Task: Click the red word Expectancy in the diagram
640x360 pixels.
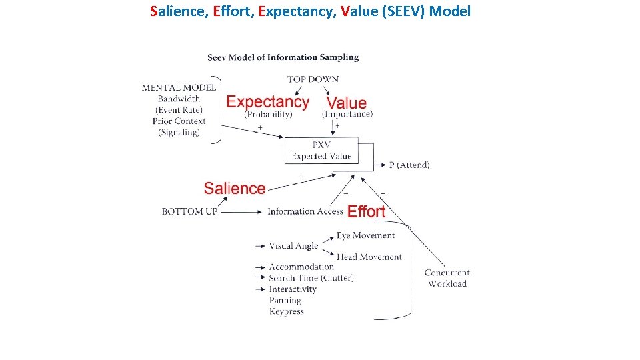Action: [268, 102]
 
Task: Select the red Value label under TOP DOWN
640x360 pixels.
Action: [347, 103]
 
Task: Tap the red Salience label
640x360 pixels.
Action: [235, 189]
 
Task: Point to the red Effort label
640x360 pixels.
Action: [367, 211]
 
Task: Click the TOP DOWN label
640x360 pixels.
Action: [313, 79]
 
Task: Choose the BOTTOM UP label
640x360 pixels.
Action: [190, 211]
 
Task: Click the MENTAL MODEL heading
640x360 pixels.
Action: [179, 87]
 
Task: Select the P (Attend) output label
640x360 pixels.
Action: [409, 165]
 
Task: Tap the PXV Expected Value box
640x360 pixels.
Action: [321, 151]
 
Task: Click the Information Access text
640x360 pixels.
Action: [305, 211]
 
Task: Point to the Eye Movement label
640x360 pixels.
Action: [365, 235]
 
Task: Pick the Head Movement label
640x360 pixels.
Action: [369, 257]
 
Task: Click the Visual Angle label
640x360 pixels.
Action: [293, 245]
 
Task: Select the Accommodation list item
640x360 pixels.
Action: [301, 267]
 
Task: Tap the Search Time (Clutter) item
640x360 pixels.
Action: [311, 278]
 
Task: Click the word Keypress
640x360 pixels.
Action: [286, 311]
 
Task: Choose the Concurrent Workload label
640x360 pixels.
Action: [447, 278]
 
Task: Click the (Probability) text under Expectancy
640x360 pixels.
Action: [268, 114]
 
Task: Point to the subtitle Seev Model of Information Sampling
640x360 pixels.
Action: [283, 57]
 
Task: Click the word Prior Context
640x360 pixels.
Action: [179, 121]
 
